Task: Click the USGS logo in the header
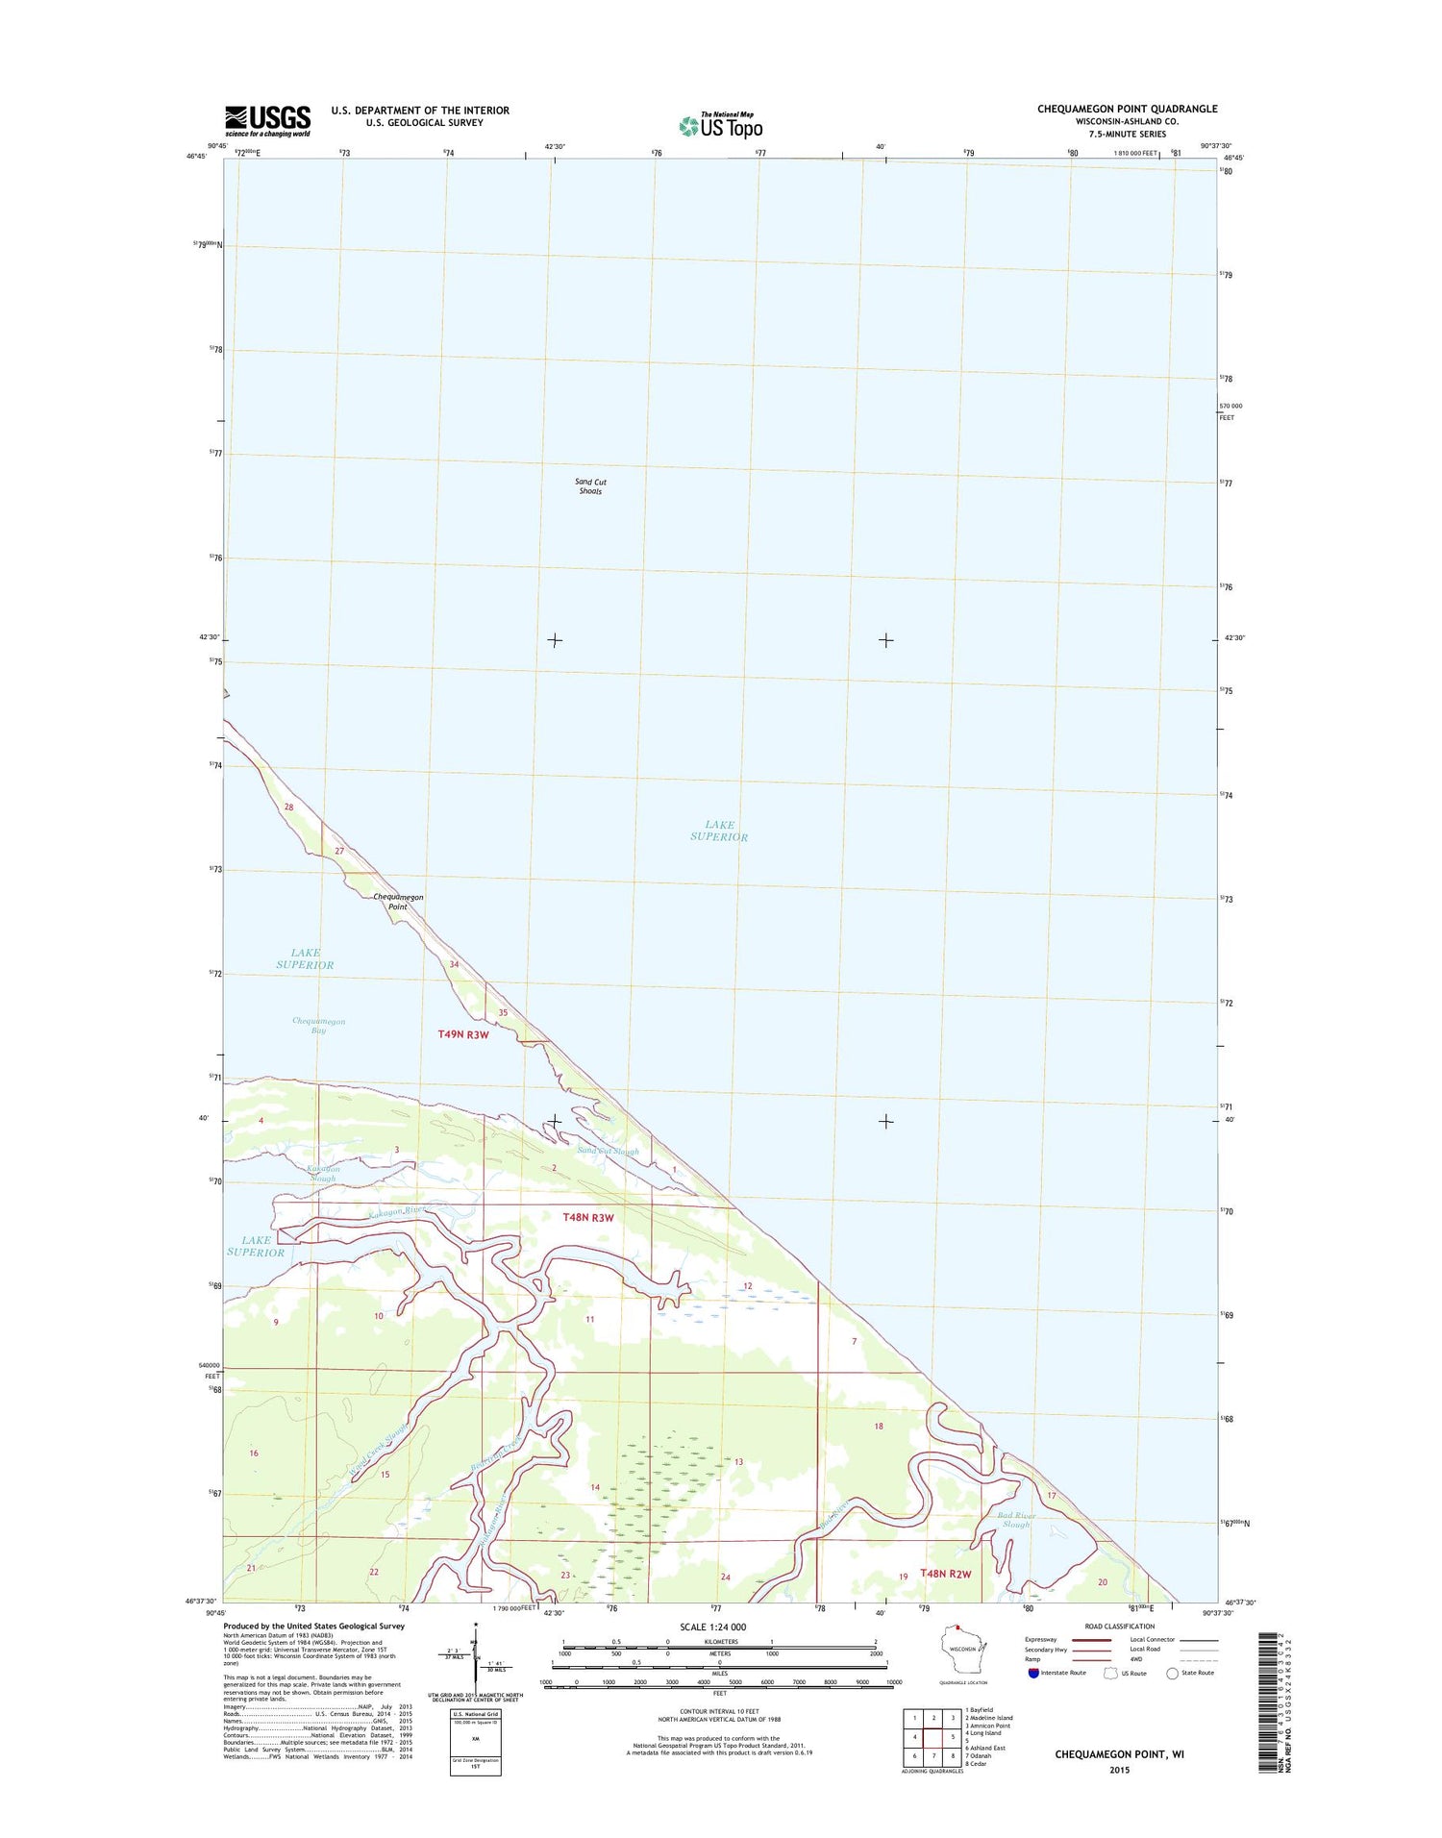tap(268, 120)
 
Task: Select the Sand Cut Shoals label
tap(590, 486)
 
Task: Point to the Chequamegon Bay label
tap(318, 1026)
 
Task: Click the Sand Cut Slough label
tap(608, 1151)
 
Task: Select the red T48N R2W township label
tap(946, 1574)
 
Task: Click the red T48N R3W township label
tap(588, 1217)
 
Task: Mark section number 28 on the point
tap(288, 807)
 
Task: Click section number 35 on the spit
tap(503, 1012)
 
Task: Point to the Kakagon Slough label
tap(323, 1174)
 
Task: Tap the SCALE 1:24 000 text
tap(712, 1627)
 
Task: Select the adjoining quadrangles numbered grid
tap(930, 1738)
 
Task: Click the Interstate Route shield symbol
tap(1033, 1673)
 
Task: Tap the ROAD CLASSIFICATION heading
tap(1120, 1627)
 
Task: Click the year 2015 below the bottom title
tap(1119, 1770)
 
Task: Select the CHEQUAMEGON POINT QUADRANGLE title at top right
tap(1127, 109)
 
